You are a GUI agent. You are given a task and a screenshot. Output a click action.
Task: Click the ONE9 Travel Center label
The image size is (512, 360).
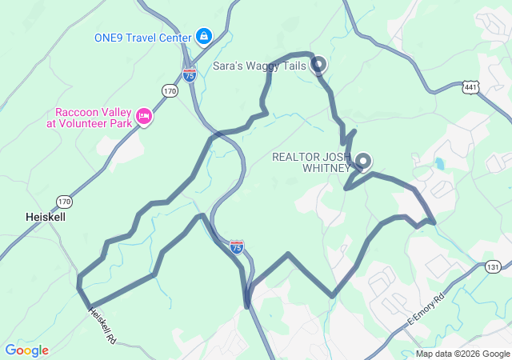pyautogui.click(x=142, y=38)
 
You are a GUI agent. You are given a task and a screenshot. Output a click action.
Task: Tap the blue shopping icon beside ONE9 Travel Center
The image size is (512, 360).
pyautogui.click(x=204, y=37)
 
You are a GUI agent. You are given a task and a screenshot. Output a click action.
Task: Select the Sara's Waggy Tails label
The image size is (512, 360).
pyautogui.click(x=260, y=66)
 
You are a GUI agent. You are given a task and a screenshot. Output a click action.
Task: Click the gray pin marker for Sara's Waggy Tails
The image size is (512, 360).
pyautogui.click(x=318, y=64)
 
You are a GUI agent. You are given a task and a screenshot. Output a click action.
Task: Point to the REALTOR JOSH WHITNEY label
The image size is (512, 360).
pyautogui.click(x=310, y=162)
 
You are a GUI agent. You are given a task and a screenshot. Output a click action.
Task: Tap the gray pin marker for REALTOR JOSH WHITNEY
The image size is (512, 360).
pyautogui.click(x=363, y=161)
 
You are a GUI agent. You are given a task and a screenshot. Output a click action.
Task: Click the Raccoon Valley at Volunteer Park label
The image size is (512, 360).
pyautogui.click(x=92, y=118)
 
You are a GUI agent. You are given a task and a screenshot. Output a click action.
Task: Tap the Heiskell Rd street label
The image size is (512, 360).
pyautogui.click(x=99, y=326)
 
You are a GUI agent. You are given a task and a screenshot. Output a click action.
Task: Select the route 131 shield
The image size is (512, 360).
pyautogui.click(x=493, y=266)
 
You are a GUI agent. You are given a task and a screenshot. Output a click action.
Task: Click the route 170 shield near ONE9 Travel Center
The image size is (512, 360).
pyautogui.click(x=170, y=91)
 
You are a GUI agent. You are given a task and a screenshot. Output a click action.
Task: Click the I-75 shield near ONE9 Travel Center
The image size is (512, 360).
pyautogui.click(x=190, y=75)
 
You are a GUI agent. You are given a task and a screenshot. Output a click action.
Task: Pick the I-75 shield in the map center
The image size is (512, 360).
pyautogui.click(x=236, y=246)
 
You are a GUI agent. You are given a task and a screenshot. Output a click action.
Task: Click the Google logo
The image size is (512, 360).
pyautogui.click(x=26, y=350)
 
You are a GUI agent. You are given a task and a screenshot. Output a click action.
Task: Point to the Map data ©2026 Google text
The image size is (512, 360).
pyautogui.click(x=462, y=354)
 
